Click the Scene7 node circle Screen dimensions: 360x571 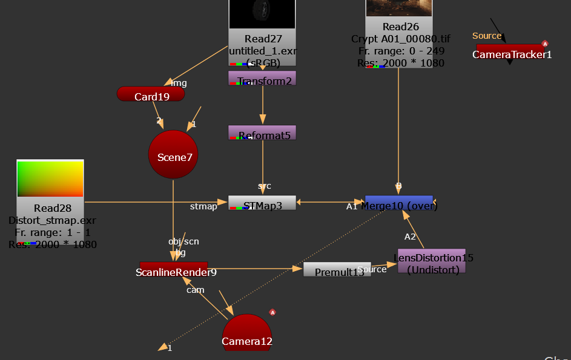coord(173,155)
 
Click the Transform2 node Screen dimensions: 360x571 coord(262,78)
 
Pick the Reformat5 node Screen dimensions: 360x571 coord(262,133)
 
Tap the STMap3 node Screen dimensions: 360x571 coord(262,203)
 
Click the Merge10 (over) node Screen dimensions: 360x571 coord(398,203)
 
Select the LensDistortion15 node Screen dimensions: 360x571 coord(432,260)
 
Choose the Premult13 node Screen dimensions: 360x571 coord(337,270)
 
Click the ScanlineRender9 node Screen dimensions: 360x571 coord(174,269)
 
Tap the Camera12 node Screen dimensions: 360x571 coord(247,335)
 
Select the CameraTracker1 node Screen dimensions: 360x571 coord(511,52)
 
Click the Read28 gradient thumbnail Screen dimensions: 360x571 coord(50,179)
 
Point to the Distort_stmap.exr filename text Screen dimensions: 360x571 coord(52,220)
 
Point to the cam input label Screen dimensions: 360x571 coord(195,290)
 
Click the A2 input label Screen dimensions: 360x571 coord(411,237)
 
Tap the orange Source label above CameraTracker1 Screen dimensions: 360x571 coord(487,36)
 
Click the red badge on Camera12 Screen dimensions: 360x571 coord(272,312)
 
